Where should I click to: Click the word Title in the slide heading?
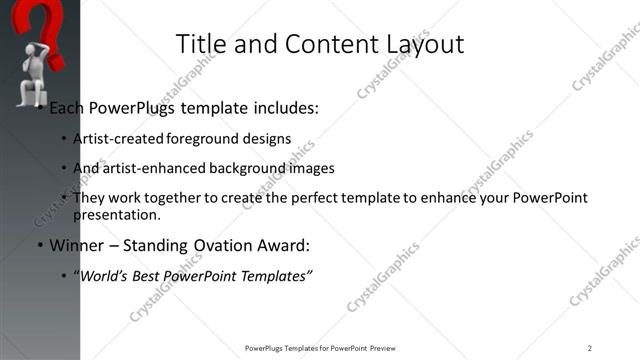coord(198,44)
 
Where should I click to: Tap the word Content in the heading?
coord(322,44)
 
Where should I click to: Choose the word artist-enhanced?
coord(150,168)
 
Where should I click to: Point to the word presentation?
coord(116,215)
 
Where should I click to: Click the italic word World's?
coord(103,275)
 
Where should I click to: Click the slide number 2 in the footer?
coord(590,348)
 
